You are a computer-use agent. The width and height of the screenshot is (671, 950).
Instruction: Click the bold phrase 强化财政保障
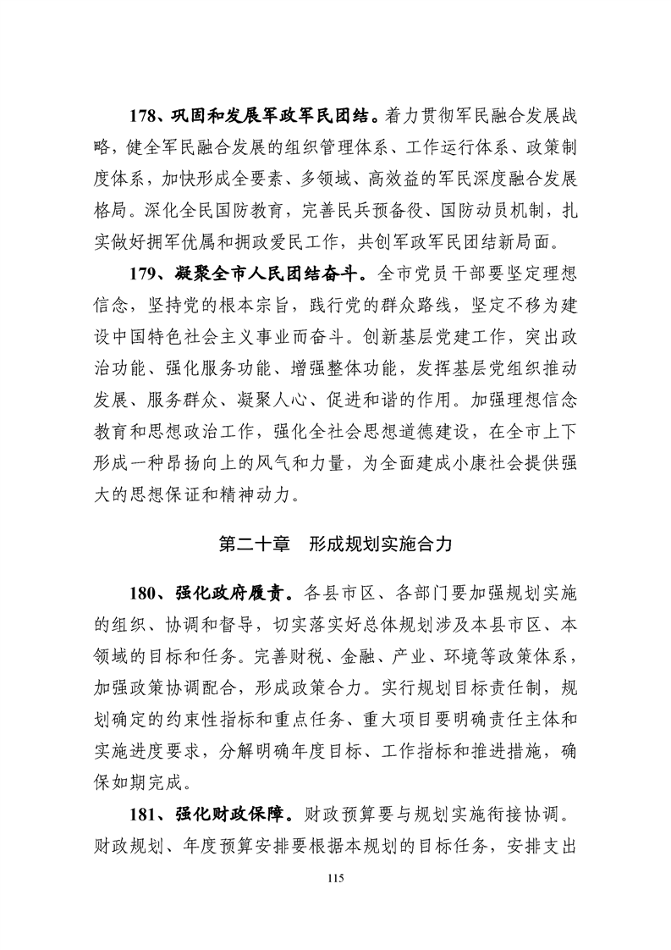[220, 818]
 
